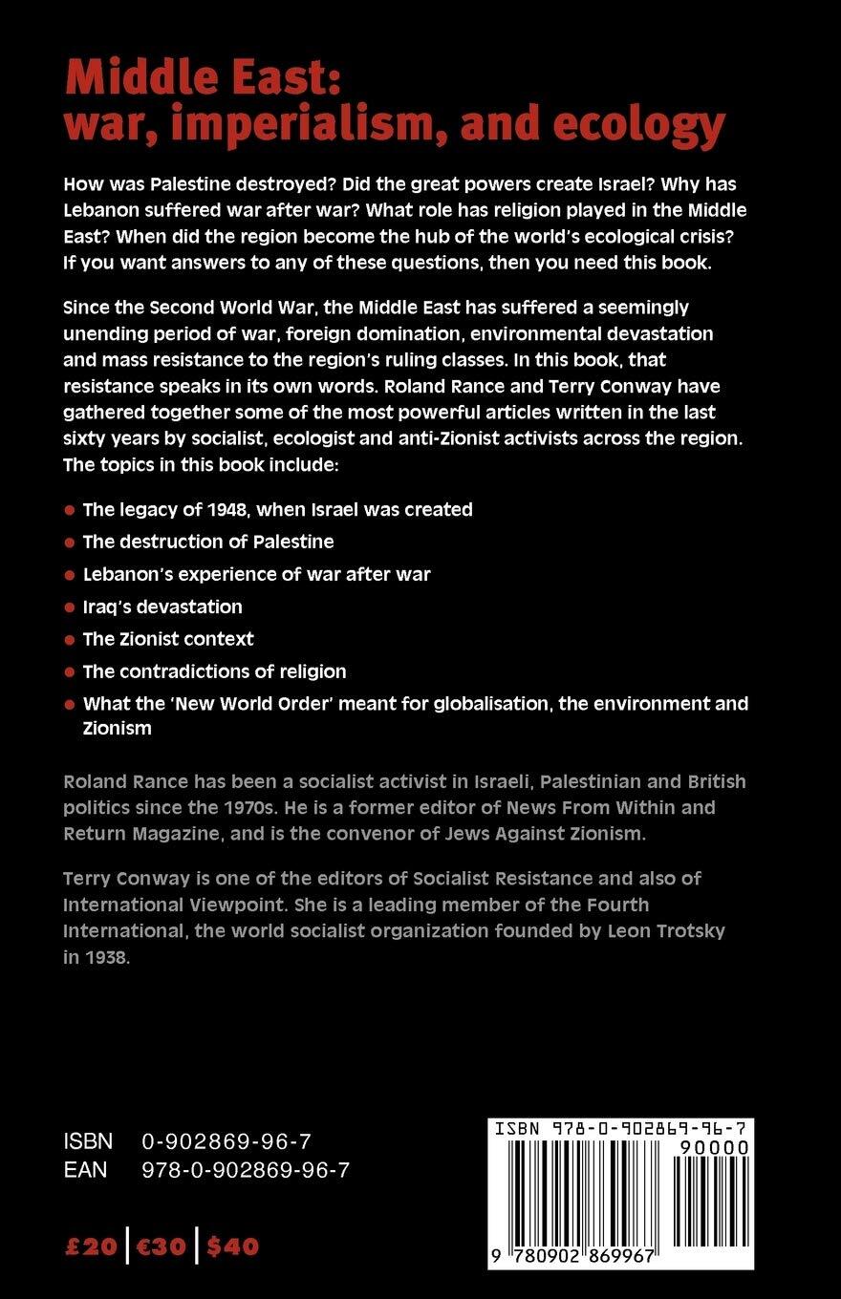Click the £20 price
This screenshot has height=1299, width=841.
(91, 1246)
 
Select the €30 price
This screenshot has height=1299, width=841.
(161, 1246)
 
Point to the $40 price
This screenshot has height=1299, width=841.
(232, 1246)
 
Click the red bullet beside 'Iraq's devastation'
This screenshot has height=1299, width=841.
(69, 607)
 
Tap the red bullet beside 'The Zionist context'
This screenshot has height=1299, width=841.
(69, 640)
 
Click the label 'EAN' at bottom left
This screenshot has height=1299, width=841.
(85, 1169)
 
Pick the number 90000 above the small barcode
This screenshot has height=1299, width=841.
(711, 1146)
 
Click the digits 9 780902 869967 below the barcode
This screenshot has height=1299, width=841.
(574, 1256)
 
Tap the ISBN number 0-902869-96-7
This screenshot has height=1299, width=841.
(226, 1140)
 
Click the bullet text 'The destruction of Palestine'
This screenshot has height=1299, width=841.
(208, 542)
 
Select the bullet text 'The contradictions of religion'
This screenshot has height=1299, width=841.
(214, 671)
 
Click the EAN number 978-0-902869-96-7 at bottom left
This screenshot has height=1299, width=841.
(246, 1169)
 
